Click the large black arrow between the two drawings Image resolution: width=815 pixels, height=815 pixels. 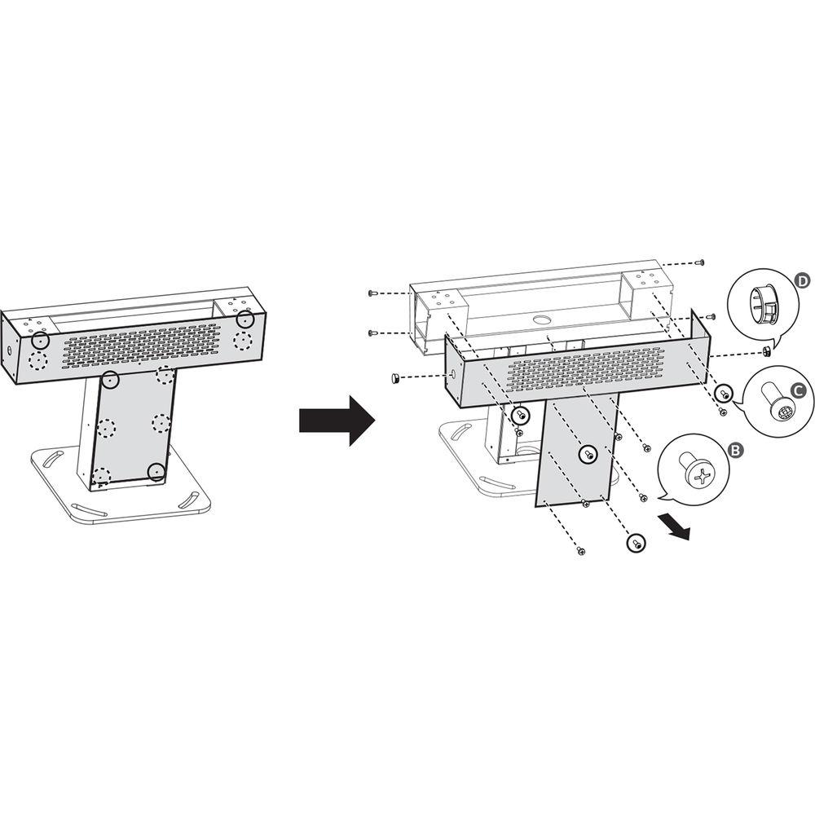point(337,420)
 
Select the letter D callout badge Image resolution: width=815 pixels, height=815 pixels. point(803,281)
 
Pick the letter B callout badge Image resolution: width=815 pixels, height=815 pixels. point(735,450)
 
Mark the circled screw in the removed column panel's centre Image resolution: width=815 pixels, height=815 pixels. point(588,454)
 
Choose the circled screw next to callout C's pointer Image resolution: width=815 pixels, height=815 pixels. point(723,393)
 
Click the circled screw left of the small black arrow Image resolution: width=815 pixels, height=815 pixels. point(635,543)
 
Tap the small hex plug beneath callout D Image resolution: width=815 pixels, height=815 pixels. point(765,352)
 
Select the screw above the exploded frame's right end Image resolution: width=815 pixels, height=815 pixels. point(700,262)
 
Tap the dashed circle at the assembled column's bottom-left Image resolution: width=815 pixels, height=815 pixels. point(102,476)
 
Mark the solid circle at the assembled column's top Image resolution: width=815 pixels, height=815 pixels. point(110,380)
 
